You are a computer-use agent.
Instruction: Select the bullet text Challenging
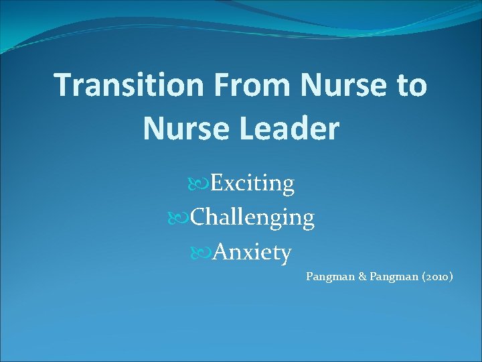click(x=252, y=218)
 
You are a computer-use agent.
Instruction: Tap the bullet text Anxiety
click(x=250, y=253)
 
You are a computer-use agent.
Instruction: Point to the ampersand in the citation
click(x=363, y=276)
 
